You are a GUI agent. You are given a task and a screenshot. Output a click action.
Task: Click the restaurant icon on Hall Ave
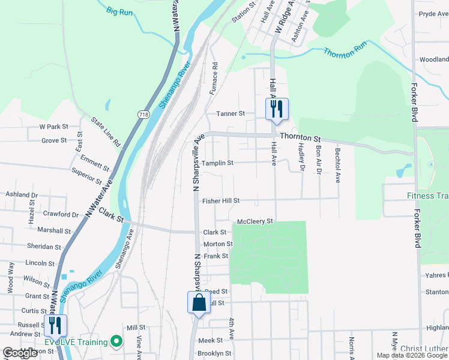tap(277, 109)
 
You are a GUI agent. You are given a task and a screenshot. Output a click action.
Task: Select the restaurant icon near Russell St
tap(56, 325)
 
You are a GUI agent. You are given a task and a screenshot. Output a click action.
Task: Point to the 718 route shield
tap(143, 114)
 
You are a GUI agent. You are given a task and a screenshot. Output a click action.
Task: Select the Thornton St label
tap(301, 137)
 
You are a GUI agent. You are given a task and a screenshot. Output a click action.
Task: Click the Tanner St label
tap(231, 113)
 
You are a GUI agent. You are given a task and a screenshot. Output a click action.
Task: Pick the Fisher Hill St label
tap(221, 201)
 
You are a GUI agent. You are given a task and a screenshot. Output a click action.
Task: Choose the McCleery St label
tap(255, 221)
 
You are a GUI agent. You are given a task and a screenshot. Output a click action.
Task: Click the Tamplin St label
tap(217, 163)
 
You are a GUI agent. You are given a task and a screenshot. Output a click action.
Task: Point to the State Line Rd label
tap(106, 132)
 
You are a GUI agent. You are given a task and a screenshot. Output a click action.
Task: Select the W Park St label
tap(54, 127)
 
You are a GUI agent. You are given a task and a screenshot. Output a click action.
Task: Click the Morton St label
tap(218, 244)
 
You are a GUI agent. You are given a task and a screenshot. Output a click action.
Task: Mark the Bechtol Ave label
tap(338, 165)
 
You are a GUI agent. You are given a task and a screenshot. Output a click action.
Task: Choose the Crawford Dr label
tap(61, 214)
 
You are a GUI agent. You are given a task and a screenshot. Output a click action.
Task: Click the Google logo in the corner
tap(20, 353)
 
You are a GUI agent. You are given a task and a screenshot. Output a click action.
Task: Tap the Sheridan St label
tap(44, 247)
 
